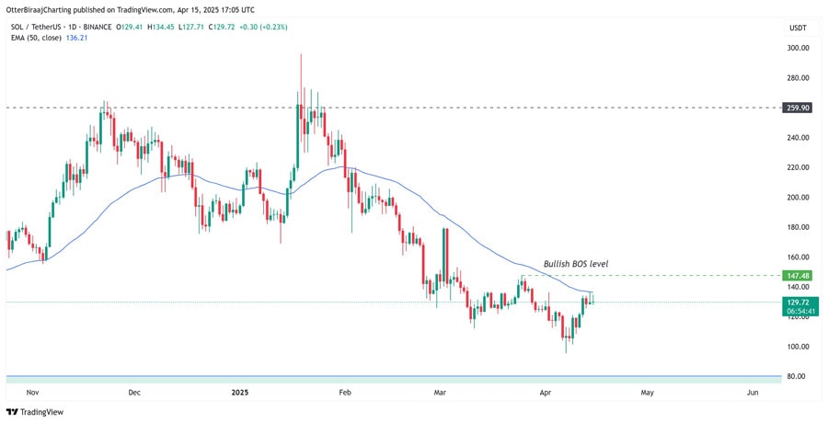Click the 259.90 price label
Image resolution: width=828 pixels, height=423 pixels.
798,108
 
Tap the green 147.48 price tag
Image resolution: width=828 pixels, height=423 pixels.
798,275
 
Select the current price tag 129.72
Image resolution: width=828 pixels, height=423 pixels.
798,301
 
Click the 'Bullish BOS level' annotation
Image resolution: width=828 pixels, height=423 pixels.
576,264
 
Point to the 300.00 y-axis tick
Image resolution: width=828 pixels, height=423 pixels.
798,48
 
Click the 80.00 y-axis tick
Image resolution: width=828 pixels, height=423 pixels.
798,377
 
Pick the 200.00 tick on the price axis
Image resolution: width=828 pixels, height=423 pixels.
798,198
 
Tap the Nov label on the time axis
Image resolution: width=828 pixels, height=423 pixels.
32,393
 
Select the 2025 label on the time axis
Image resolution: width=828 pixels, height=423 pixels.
240,393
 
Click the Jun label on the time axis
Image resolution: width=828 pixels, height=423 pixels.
753,393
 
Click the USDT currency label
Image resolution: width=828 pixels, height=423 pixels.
798,28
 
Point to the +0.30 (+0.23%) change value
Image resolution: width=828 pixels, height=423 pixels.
262,27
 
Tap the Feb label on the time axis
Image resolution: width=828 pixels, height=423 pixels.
345,393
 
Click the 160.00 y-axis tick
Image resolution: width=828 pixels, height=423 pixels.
798,257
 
